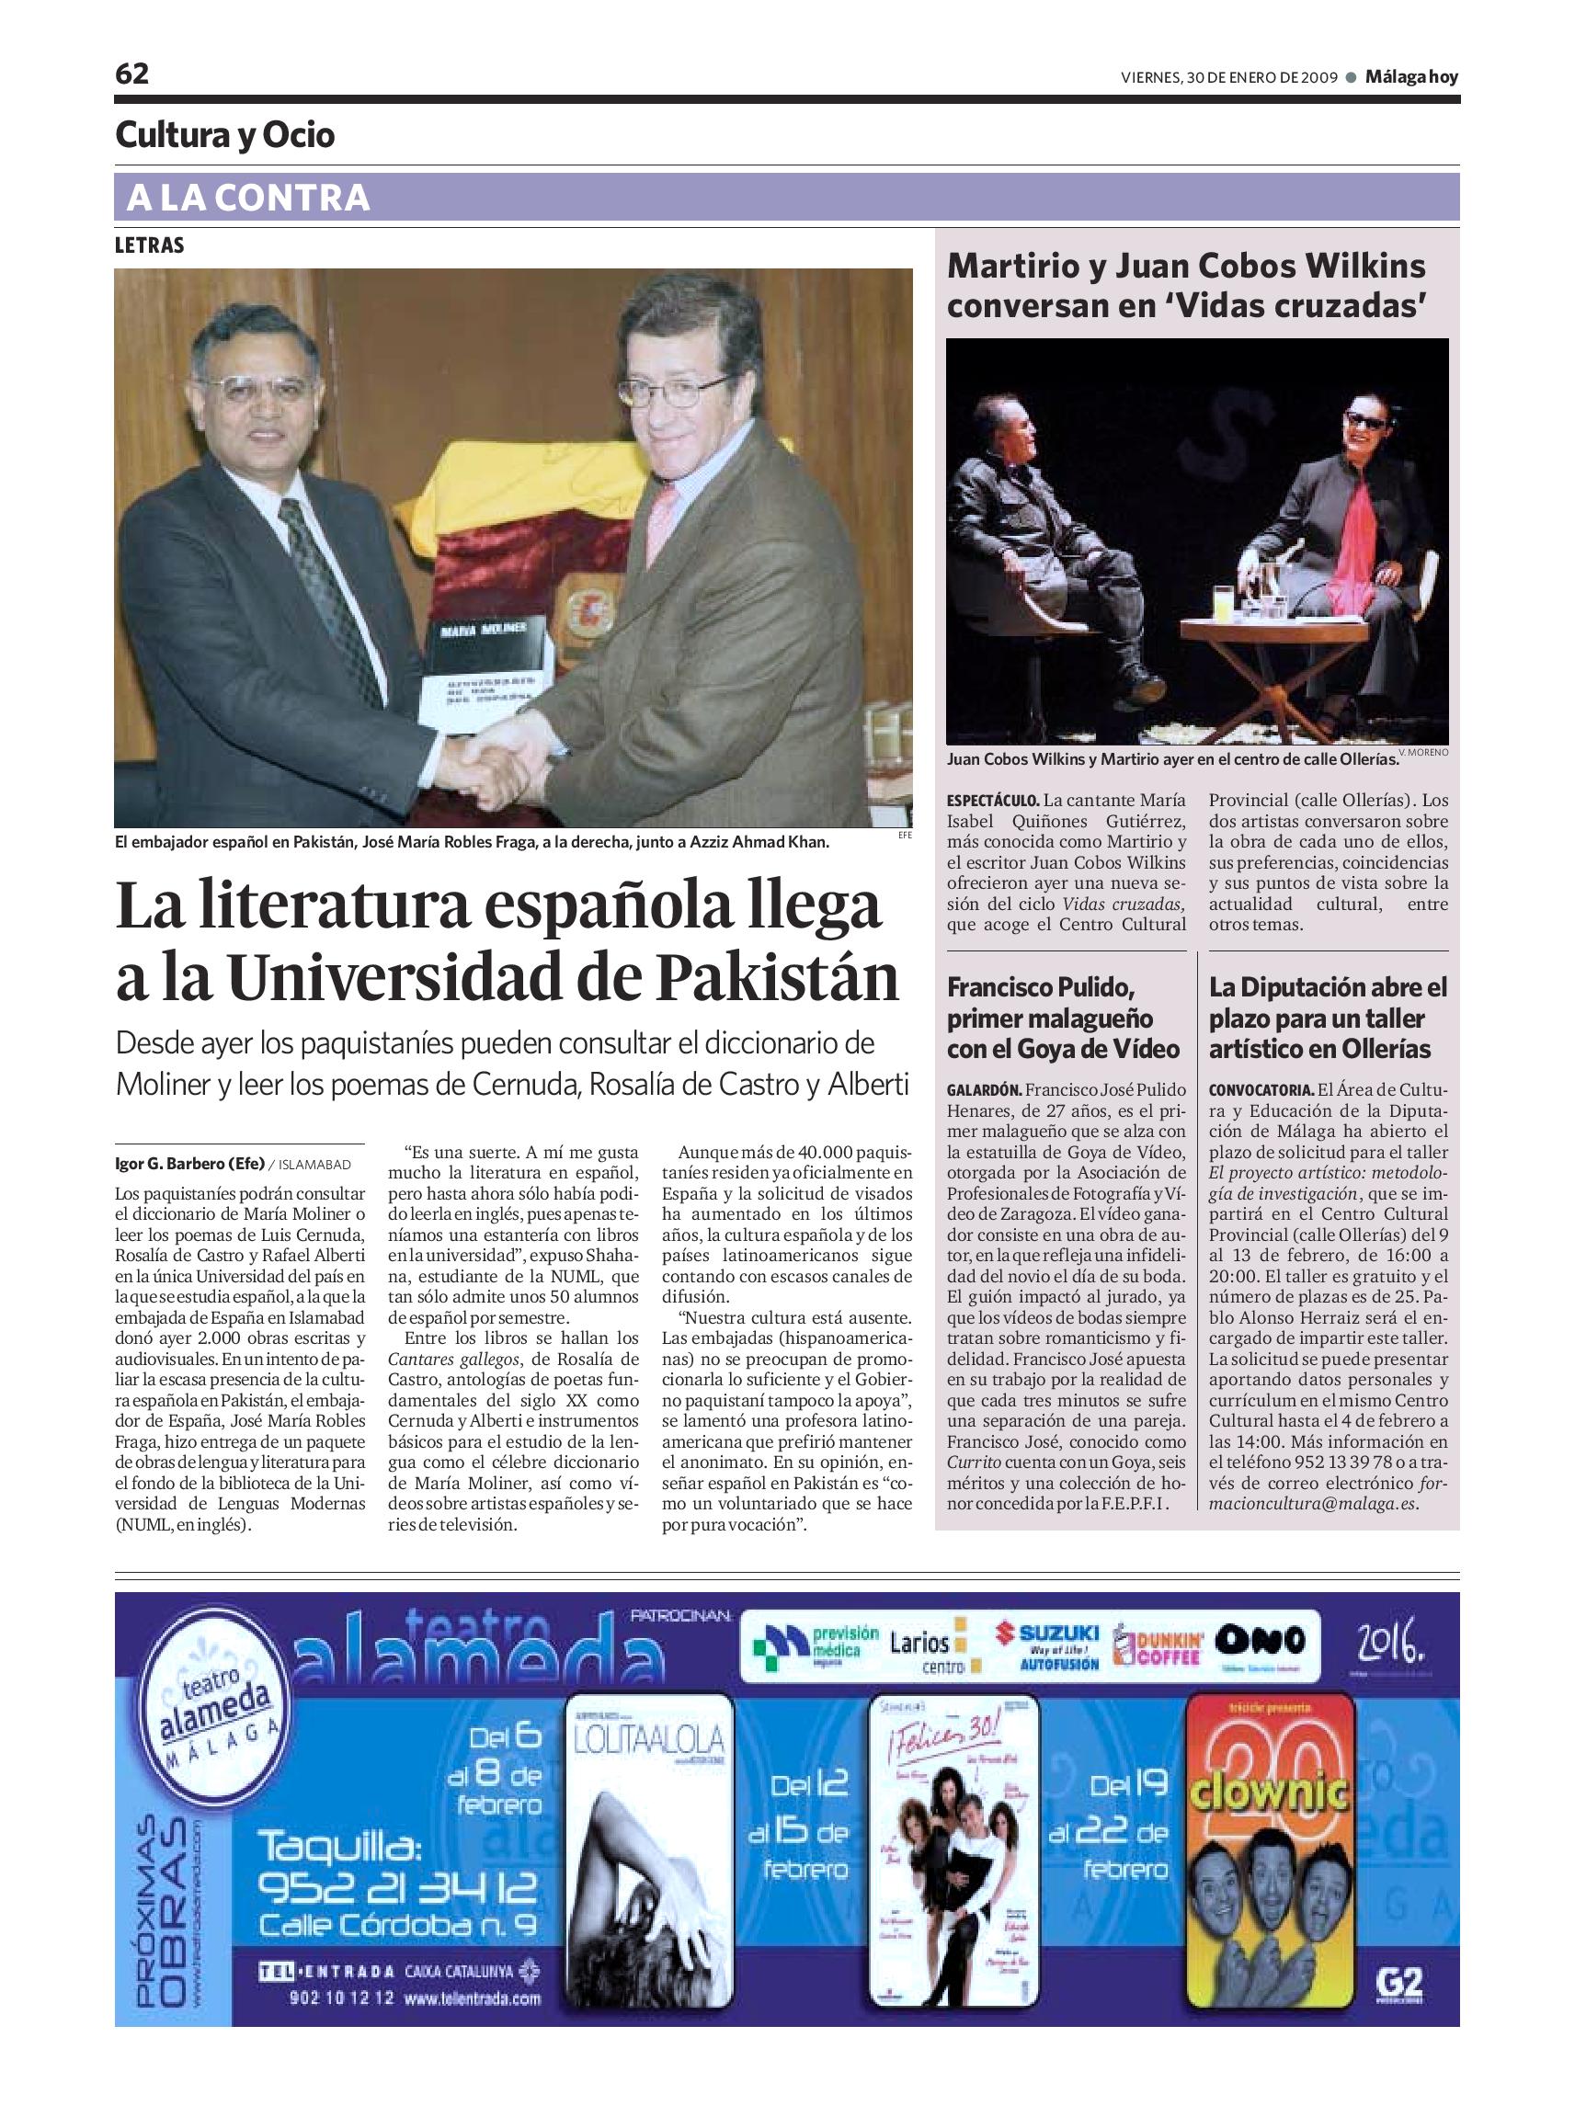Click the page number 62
131,74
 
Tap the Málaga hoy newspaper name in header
1411,77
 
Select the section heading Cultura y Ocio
225,135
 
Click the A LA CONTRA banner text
248,199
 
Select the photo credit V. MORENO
1423,752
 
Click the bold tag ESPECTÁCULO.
992,801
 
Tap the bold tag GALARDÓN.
985,1089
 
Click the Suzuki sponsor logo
1047,1646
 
